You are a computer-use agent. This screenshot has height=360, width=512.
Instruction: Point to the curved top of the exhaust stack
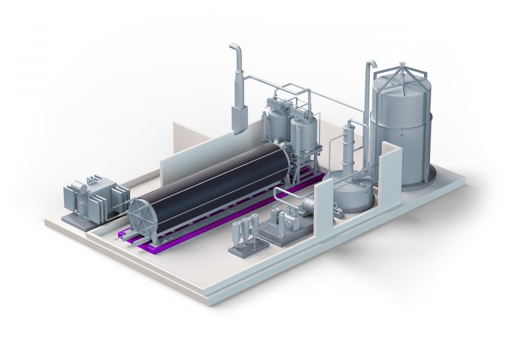[x=235, y=50]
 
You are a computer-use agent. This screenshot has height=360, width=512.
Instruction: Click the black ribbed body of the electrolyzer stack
[x=213, y=180]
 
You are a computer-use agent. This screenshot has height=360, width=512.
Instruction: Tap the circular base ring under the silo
[x=427, y=179]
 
